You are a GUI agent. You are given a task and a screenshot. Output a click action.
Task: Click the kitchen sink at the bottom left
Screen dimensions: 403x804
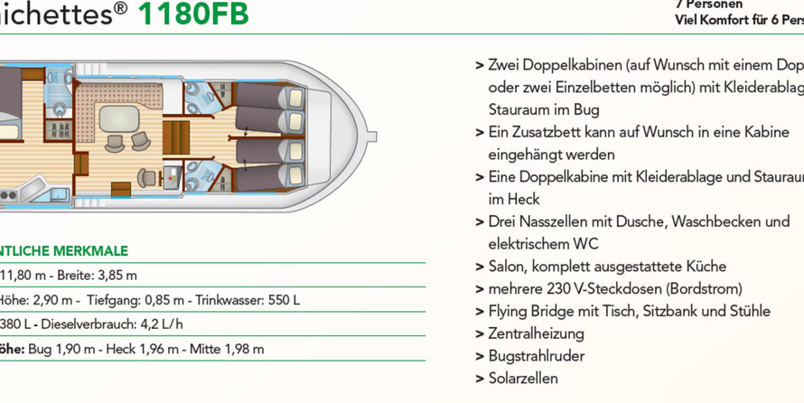pyautogui.click(x=58, y=193)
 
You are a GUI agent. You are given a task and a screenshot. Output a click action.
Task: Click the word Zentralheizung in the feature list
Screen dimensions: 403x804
pyautogui.click(x=536, y=333)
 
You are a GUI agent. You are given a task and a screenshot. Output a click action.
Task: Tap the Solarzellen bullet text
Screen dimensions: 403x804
pyautogui.click(x=523, y=379)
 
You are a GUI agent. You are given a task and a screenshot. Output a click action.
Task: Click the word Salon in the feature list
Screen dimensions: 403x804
pyautogui.click(x=508, y=267)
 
